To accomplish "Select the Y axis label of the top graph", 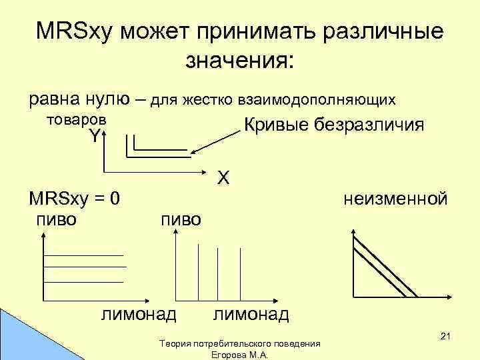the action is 95,137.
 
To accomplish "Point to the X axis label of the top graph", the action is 224,177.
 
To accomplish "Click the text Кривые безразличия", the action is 334,125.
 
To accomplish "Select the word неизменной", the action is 395,199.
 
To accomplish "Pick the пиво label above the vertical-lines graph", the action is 180,220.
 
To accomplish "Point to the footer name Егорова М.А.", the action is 239,355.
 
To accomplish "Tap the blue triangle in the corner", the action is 17,340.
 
